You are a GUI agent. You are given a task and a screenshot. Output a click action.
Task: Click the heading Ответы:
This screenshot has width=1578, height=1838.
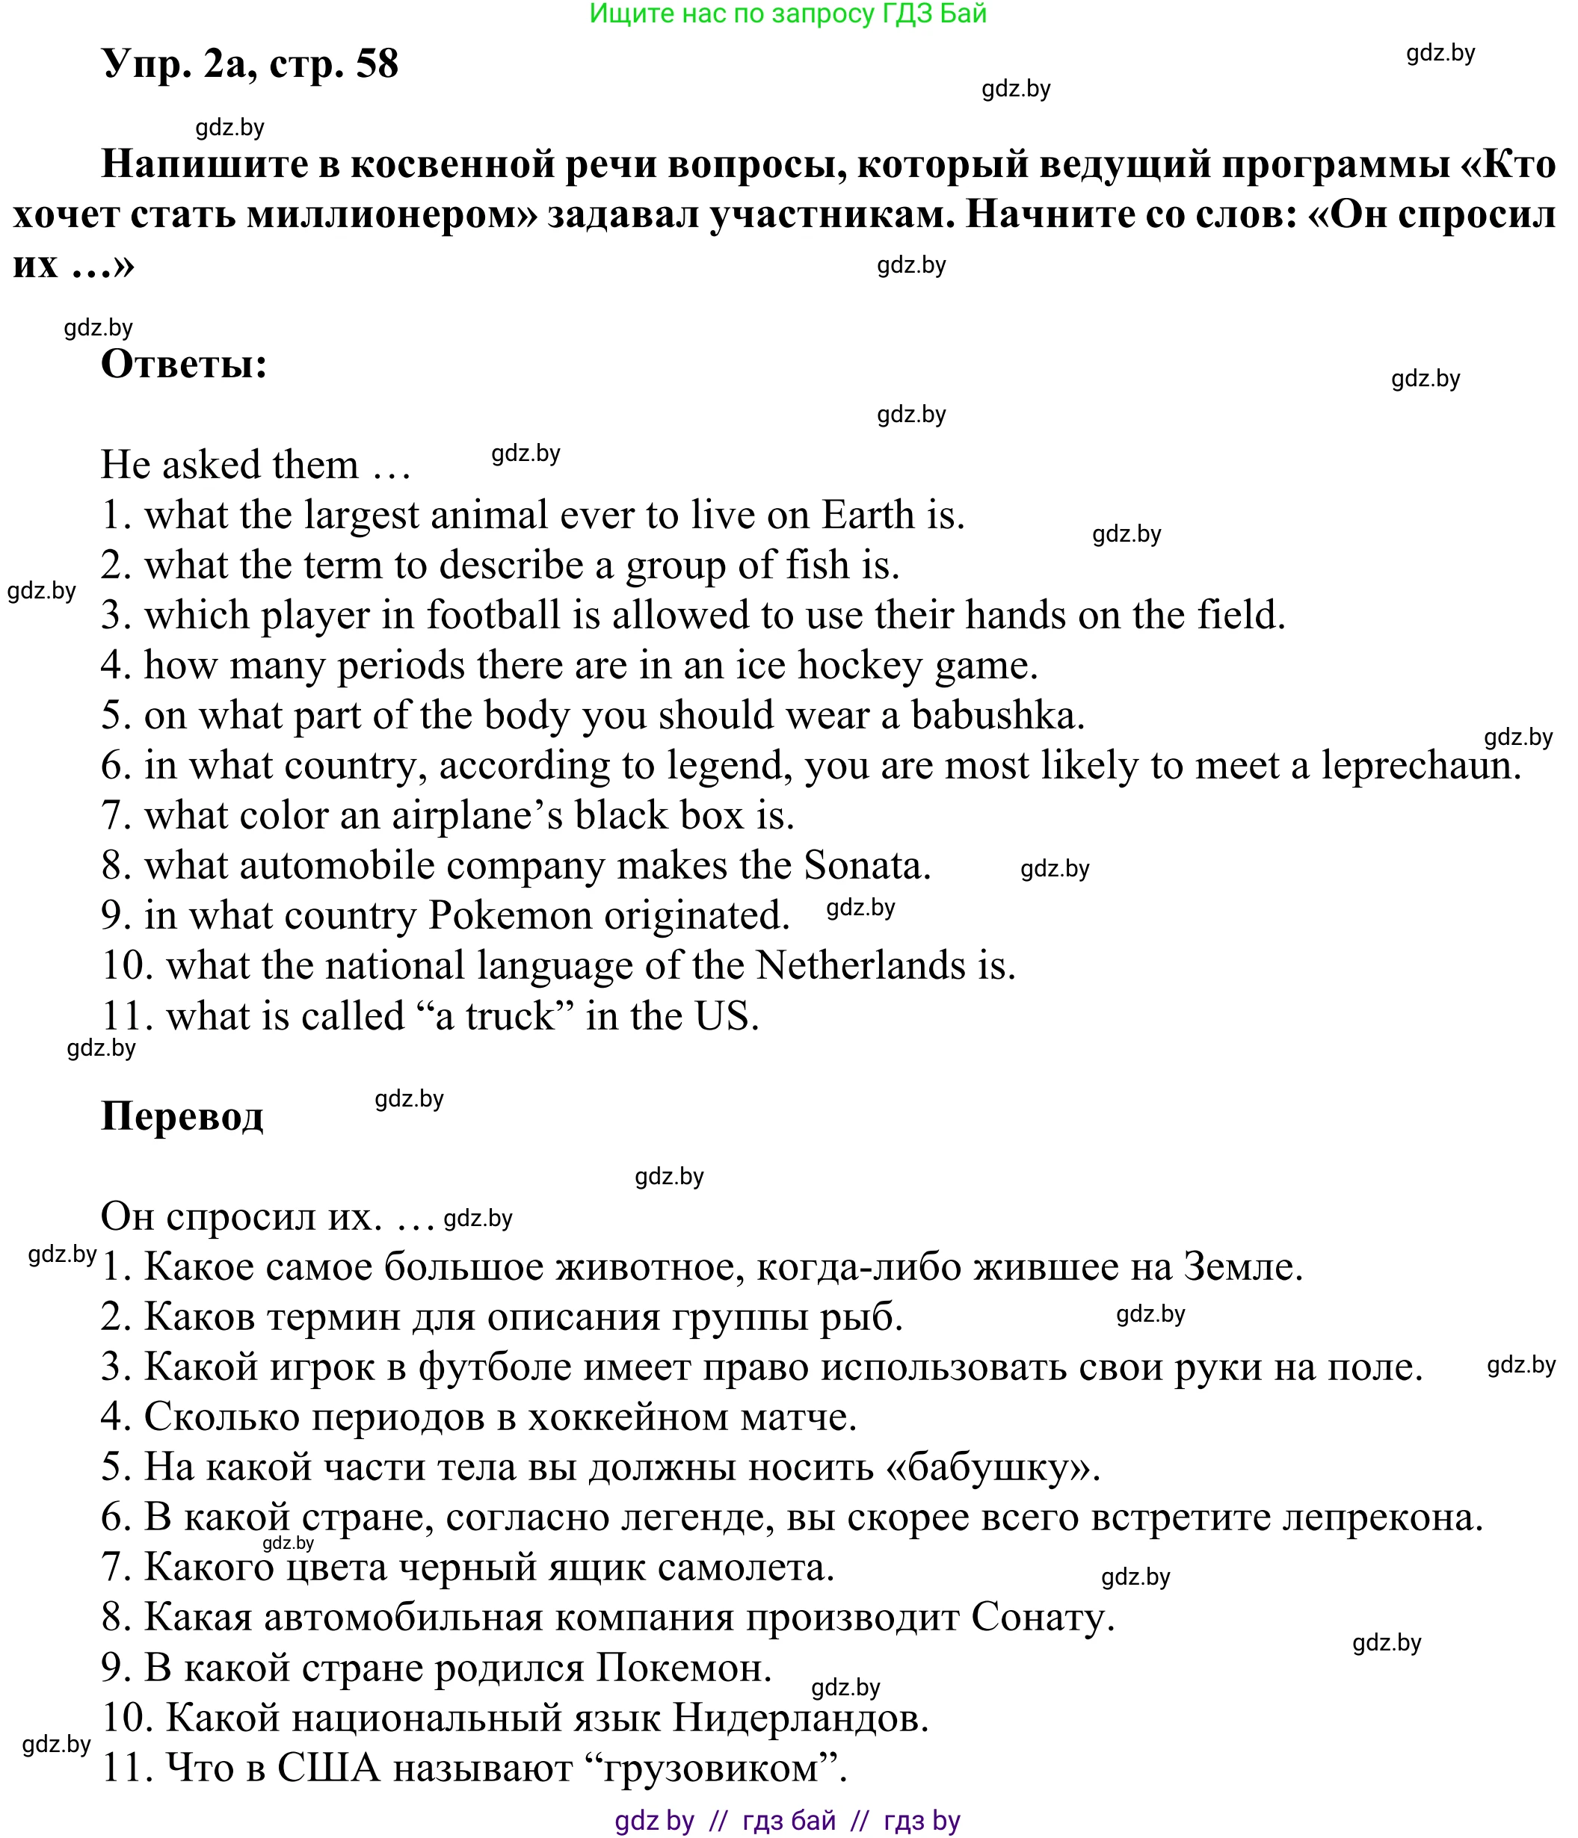click(x=184, y=365)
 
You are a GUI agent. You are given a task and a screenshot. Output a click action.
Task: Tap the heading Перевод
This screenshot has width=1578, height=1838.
click(x=182, y=1116)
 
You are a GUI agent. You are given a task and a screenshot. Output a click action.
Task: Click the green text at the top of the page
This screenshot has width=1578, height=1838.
click(x=788, y=13)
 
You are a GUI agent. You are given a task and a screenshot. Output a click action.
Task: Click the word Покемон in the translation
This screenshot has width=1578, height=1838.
click(x=682, y=1668)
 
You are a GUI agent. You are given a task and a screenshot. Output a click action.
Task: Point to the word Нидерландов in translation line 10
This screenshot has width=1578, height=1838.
click(x=800, y=1719)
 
